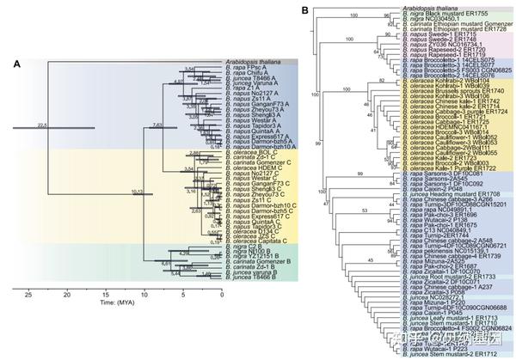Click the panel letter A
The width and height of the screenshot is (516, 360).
pyautogui.click(x=16, y=64)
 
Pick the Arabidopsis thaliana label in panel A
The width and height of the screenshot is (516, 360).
pyautogui.click(x=255, y=62)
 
